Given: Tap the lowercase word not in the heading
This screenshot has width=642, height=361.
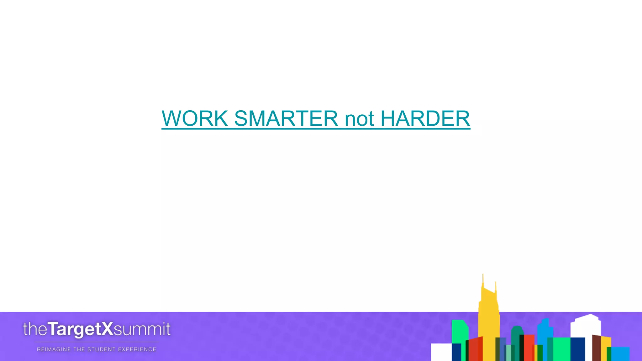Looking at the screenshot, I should pos(359,119).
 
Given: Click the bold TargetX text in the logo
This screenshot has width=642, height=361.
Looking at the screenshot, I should pos(81,329).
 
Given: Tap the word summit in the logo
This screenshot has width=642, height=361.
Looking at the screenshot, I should pos(142,329).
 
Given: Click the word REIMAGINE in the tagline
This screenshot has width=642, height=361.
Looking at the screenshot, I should pos(54,349).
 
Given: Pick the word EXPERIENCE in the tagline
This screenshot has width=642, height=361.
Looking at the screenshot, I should pos(137,349).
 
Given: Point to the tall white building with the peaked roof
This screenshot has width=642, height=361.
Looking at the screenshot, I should pos(586,326).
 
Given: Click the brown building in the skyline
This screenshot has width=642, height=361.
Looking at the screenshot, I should pos(596,348).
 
